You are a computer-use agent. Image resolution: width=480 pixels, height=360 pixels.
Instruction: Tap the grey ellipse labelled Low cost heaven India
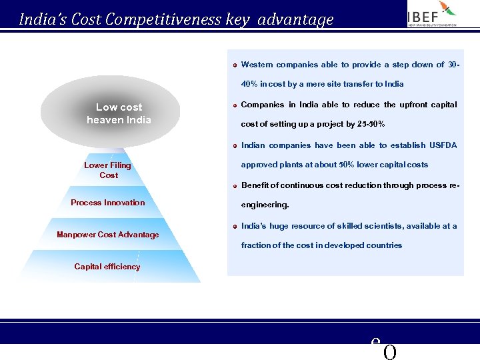point(110,113)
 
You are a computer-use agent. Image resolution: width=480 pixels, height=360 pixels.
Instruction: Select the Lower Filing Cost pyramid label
point(108,170)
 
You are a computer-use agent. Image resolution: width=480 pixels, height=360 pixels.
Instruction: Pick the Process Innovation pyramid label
point(108,203)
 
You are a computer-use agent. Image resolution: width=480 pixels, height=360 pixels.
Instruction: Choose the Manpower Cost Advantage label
point(108,235)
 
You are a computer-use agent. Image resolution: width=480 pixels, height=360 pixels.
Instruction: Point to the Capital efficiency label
point(107,267)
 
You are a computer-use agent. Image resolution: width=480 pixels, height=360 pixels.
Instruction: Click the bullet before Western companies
point(235,65)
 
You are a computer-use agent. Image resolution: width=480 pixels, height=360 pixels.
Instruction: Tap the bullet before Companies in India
point(235,105)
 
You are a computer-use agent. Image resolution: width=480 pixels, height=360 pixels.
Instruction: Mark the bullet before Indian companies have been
point(235,146)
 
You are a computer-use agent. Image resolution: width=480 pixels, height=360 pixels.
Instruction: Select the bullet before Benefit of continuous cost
point(235,186)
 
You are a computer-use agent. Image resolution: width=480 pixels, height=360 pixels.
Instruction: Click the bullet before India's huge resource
point(235,227)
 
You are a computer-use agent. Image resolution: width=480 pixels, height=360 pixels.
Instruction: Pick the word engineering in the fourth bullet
point(264,205)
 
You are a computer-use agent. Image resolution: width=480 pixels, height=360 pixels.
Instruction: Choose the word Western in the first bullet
point(257,65)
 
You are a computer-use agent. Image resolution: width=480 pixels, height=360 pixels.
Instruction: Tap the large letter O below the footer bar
point(390,352)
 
